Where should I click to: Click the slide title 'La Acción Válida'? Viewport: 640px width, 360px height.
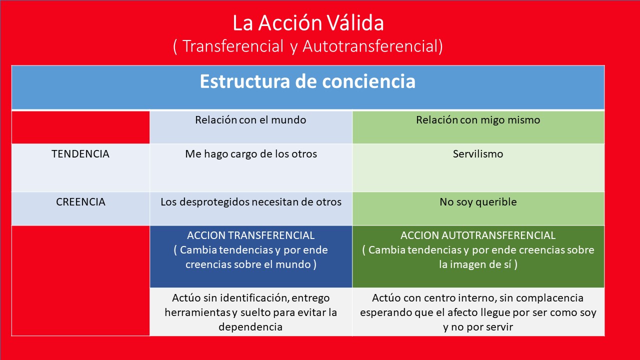coord(308,23)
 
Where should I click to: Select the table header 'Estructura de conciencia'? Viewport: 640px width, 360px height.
coord(307,81)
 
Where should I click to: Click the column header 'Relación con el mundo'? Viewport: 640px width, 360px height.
coord(250,120)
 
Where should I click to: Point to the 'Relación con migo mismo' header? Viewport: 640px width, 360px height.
coord(478,120)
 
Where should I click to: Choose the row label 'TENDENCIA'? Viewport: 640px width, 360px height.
coord(80,154)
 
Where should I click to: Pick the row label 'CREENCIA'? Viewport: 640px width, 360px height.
coord(80,202)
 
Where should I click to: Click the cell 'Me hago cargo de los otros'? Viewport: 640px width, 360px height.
coord(251,154)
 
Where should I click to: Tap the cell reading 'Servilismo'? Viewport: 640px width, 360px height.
coord(478,154)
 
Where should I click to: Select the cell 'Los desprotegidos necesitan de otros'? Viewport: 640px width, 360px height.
coord(251,202)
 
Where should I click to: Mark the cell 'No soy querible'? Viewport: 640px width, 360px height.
coord(478,202)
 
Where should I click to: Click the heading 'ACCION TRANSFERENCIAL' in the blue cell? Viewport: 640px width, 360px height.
coord(250,235)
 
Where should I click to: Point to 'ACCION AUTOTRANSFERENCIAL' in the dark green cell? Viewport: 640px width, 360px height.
coord(478,235)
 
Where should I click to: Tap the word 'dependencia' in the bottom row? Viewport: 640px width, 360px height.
coord(250,327)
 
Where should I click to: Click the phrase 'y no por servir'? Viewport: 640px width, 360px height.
coord(478,327)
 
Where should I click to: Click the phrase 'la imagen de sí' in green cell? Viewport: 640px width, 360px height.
coord(475,264)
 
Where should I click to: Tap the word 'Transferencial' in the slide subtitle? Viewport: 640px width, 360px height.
coord(232,46)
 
